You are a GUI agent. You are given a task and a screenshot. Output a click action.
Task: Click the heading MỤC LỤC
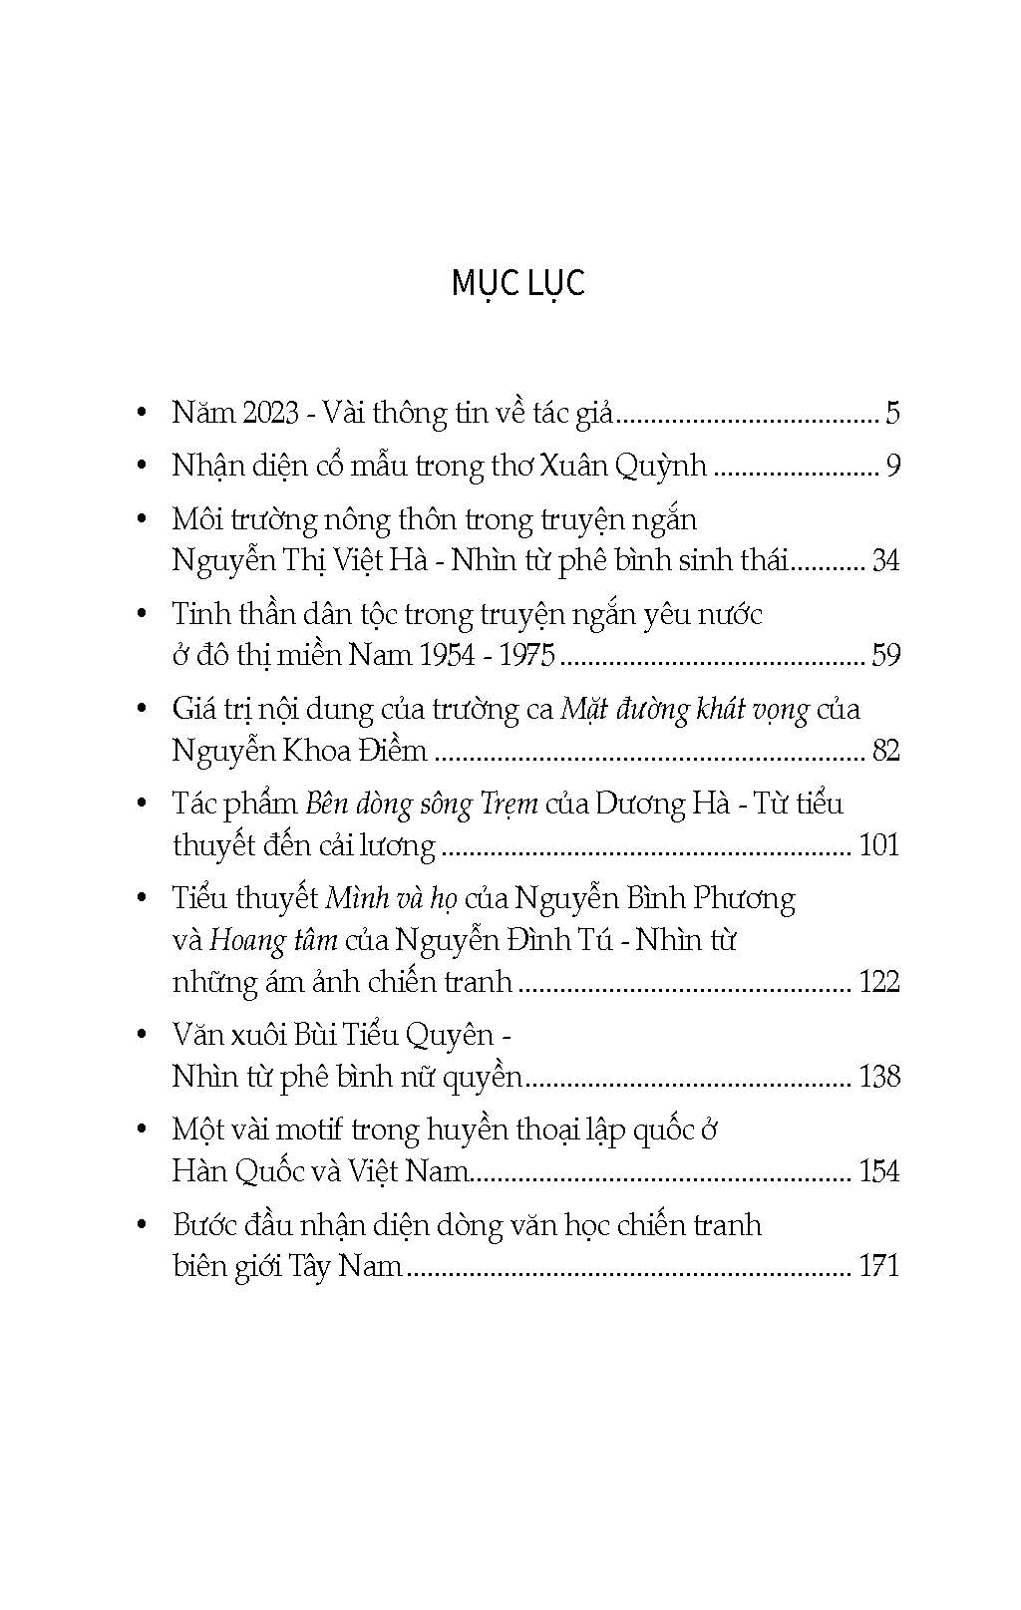tap(517, 283)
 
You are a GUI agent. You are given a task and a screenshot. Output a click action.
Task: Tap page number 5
tap(891, 413)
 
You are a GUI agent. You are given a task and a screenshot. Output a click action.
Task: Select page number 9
tap(891, 466)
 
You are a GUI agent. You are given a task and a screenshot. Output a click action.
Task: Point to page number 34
tap(885, 560)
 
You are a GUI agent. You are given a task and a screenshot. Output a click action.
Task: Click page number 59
tap(885, 655)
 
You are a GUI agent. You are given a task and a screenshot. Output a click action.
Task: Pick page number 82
tap(885, 750)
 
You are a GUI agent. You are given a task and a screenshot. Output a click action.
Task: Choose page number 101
tap(878, 845)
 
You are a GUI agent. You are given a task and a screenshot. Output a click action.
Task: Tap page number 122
tap(878, 982)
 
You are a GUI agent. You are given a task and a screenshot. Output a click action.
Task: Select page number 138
tap(878, 1077)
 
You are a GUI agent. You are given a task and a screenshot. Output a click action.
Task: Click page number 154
tap(878, 1171)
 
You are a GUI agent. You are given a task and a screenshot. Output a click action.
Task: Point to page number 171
tap(878, 1266)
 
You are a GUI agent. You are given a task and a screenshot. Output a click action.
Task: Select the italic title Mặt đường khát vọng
tap(685, 710)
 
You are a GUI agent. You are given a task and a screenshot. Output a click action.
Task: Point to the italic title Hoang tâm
tap(273, 940)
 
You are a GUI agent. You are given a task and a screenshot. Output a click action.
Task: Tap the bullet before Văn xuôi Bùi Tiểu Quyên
tap(143, 1036)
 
